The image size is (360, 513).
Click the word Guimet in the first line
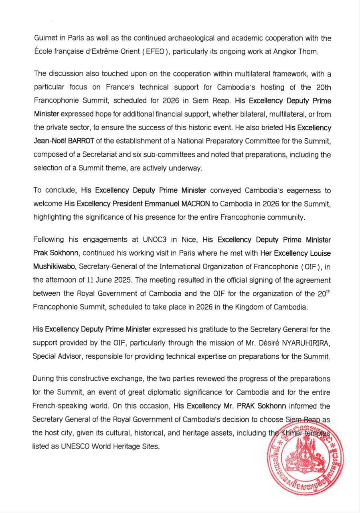[x=45, y=39]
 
